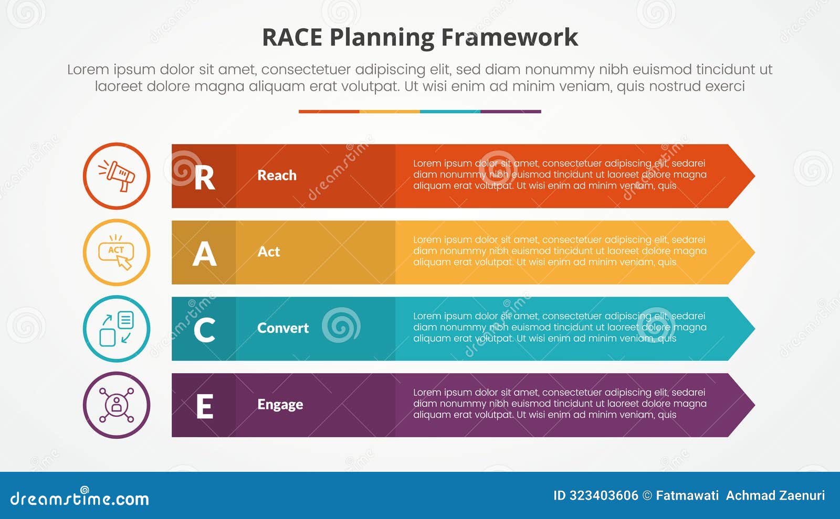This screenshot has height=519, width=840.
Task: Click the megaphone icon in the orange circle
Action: pyautogui.click(x=117, y=176)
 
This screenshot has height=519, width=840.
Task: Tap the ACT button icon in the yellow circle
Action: pyautogui.click(x=117, y=253)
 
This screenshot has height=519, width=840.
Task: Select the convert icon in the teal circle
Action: pyautogui.click(x=117, y=329)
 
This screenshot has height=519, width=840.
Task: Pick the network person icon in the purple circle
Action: pyautogui.click(x=117, y=405)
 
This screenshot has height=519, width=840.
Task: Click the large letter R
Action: pyautogui.click(x=204, y=178)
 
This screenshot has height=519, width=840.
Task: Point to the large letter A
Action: pyautogui.click(x=204, y=254)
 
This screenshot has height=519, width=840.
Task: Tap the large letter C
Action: pyautogui.click(x=204, y=330)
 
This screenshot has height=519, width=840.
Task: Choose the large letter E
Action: pyautogui.click(x=204, y=407)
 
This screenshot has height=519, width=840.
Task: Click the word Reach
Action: pyautogui.click(x=277, y=175)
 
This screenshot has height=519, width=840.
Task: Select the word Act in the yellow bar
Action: pyautogui.click(x=268, y=252)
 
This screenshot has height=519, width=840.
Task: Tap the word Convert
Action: pyautogui.click(x=282, y=328)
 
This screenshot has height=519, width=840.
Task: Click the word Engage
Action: pyautogui.click(x=280, y=405)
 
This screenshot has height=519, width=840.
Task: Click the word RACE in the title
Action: pyautogui.click(x=291, y=38)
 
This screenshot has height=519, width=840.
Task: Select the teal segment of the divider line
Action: pyautogui.click(x=450, y=112)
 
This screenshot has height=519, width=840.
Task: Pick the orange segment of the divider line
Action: pyautogui.click(x=329, y=112)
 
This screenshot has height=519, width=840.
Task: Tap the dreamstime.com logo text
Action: pyautogui.click(x=79, y=498)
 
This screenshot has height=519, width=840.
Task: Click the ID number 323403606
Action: pyautogui.click(x=604, y=495)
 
